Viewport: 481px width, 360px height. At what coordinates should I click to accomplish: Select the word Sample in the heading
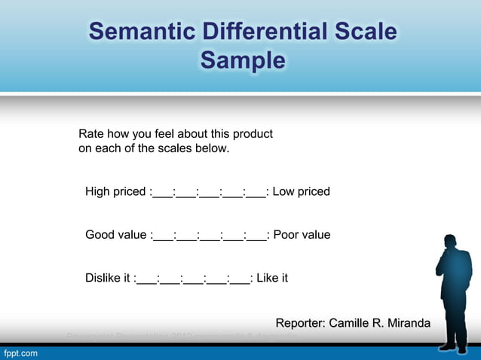coord(242,60)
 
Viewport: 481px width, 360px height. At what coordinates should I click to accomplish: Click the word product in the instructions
coord(252,134)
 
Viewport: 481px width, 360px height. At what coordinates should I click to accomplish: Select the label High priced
coord(115,192)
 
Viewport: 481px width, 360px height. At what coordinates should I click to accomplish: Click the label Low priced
coord(301,192)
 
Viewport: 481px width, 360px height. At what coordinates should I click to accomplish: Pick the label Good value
coord(115,235)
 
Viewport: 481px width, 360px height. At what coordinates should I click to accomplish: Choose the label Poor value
coord(302,235)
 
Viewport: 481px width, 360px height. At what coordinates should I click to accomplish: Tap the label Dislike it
coord(107,279)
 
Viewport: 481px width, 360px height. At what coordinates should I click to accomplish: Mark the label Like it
coord(272,279)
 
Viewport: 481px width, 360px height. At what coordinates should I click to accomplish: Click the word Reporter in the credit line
coord(300,324)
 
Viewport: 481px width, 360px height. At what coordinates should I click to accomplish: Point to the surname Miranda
coord(408,324)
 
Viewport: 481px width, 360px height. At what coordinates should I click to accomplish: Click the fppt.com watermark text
coord(20,352)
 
